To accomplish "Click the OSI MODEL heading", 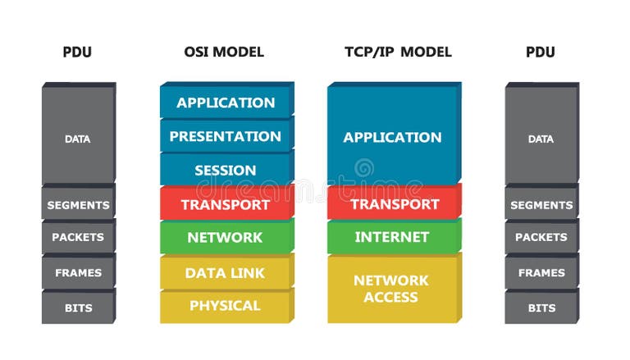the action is coord(224,52).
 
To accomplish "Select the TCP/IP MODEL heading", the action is coord(398,52).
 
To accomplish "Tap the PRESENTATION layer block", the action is coord(226,136).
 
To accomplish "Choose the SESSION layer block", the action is coord(226,171).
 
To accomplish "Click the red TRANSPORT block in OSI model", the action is coord(226,204).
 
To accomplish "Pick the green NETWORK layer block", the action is coord(226,238).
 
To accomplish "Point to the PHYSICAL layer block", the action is coord(225,306).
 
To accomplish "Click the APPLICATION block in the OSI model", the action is coord(226,103).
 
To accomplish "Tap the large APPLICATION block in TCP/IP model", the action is coord(392,137).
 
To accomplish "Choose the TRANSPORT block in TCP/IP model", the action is coord(393,204).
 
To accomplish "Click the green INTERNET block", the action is coord(392,237).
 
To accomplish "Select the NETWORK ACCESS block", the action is coord(391,288).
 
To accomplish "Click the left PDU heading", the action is coord(77,52).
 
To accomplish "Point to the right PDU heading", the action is coord(541,52).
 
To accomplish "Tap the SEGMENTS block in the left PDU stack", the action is coord(78,205).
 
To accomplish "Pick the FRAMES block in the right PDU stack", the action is coord(541,272).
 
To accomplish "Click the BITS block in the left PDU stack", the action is coord(78,308).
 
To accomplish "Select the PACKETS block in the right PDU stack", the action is coord(541,238).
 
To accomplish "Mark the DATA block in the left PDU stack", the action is coord(78,139).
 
